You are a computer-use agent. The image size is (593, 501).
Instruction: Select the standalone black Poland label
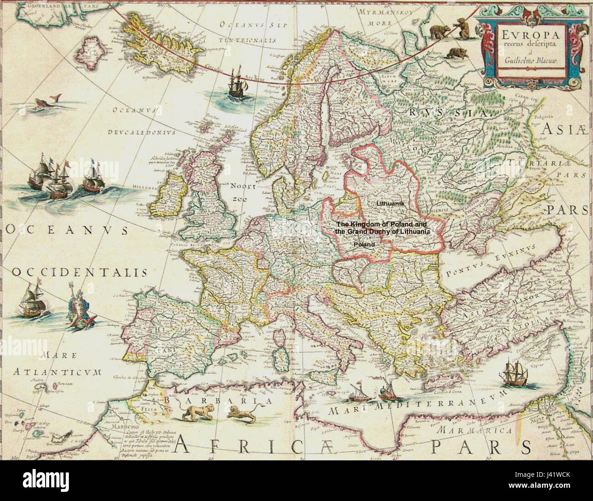[x=364, y=244]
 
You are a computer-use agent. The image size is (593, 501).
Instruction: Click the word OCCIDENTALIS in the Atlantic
[x=78, y=273]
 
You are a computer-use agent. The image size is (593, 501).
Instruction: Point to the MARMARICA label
[x=471, y=430]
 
